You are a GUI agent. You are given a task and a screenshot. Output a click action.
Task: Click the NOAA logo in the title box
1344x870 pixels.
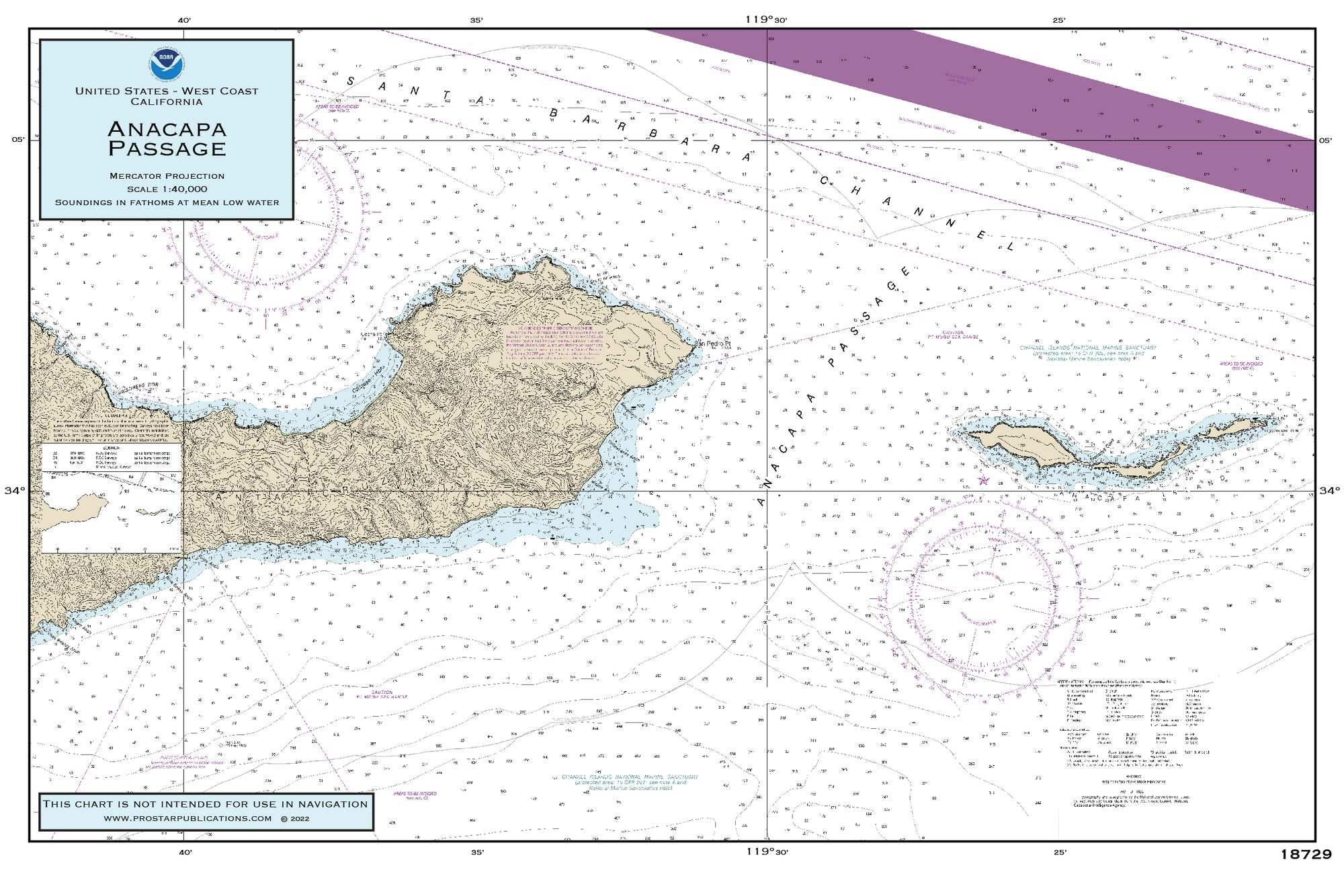[x=167, y=63]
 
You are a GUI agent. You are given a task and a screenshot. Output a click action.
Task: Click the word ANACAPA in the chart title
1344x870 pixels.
[x=167, y=128]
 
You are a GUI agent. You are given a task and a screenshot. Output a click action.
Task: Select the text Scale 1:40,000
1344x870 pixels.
[x=167, y=189]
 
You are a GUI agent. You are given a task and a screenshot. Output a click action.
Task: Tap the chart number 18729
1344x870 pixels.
[x=1306, y=855]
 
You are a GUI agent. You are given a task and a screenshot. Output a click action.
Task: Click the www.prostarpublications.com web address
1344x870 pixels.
[x=187, y=818]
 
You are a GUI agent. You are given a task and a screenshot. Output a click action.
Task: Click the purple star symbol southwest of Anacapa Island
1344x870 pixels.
[x=1003, y=481]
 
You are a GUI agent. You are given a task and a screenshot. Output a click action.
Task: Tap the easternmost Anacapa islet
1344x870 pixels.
[x=1244, y=426]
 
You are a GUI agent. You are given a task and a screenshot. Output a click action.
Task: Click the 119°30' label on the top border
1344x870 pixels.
[x=765, y=19]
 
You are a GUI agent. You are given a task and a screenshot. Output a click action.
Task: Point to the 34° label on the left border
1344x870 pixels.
[x=14, y=491]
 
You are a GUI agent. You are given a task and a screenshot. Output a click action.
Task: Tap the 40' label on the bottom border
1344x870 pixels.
[x=185, y=853]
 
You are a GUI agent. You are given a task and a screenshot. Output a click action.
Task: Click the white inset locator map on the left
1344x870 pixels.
[x=111, y=511]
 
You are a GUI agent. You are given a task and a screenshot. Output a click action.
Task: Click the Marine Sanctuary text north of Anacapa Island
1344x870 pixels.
[x=1087, y=352]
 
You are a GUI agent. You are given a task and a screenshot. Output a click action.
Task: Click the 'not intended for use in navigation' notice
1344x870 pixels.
[x=205, y=804]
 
